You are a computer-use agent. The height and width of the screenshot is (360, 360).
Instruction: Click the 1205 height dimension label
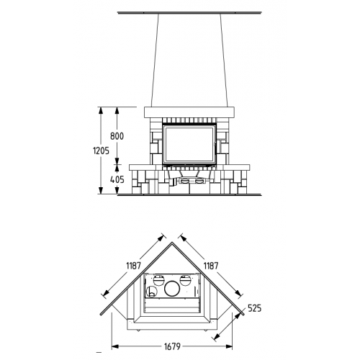[101, 150]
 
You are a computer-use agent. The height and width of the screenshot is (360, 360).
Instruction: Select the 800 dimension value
[117, 136]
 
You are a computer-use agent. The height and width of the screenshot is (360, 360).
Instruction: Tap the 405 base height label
[117, 179]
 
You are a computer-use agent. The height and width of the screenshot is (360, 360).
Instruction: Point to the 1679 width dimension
[172, 346]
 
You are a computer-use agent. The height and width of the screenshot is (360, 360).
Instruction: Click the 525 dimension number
[254, 308]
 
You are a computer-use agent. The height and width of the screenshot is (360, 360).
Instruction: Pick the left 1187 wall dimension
[133, 266]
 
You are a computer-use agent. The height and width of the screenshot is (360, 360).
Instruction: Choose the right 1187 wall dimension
[211, 266]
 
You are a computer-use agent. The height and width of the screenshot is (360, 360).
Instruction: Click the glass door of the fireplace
[189, 144]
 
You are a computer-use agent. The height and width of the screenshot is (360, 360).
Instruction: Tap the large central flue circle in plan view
[172, 289]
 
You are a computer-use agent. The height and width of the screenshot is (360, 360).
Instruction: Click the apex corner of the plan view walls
[172, 243]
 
